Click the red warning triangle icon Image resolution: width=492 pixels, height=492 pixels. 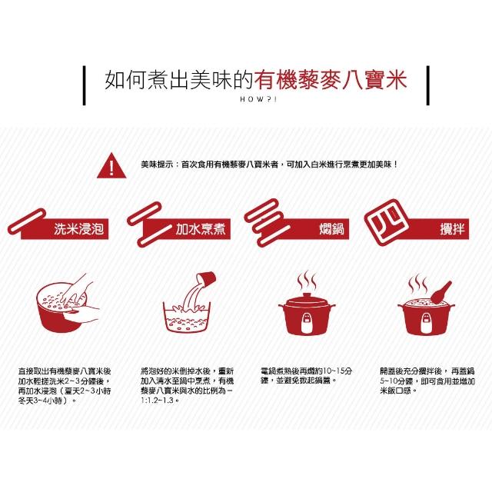[111, 166]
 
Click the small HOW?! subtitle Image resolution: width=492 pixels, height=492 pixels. [258, 99]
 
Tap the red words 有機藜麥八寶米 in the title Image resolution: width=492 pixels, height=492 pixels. [331, 79]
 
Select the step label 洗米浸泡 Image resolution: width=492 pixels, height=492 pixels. [78, 229]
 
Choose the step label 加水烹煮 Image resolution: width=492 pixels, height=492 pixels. [200, 229]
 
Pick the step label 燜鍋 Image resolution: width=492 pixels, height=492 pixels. [331, 229]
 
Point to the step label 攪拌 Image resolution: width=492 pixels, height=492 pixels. [452, 229]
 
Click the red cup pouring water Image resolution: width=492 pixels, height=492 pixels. [205, 279]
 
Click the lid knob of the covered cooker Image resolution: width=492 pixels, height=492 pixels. [307, 295]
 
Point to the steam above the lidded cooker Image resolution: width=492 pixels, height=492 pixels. [307, 280]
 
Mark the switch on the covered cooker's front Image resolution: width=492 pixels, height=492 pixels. [307, 323]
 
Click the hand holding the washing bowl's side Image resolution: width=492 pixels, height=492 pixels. [82, 313]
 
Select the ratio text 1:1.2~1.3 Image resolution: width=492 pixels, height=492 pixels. [157, 401]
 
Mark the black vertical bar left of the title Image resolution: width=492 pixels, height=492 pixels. [84, 85]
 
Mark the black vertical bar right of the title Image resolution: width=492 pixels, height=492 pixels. [427, 85]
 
